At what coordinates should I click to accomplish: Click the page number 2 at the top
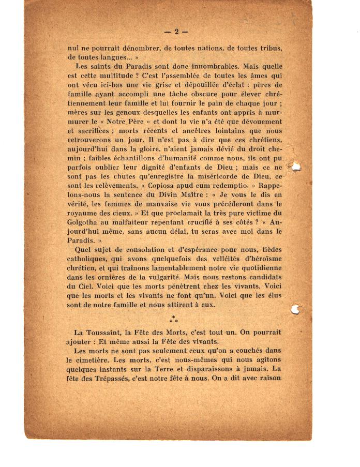pyautogui.click(x=176, y=32)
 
